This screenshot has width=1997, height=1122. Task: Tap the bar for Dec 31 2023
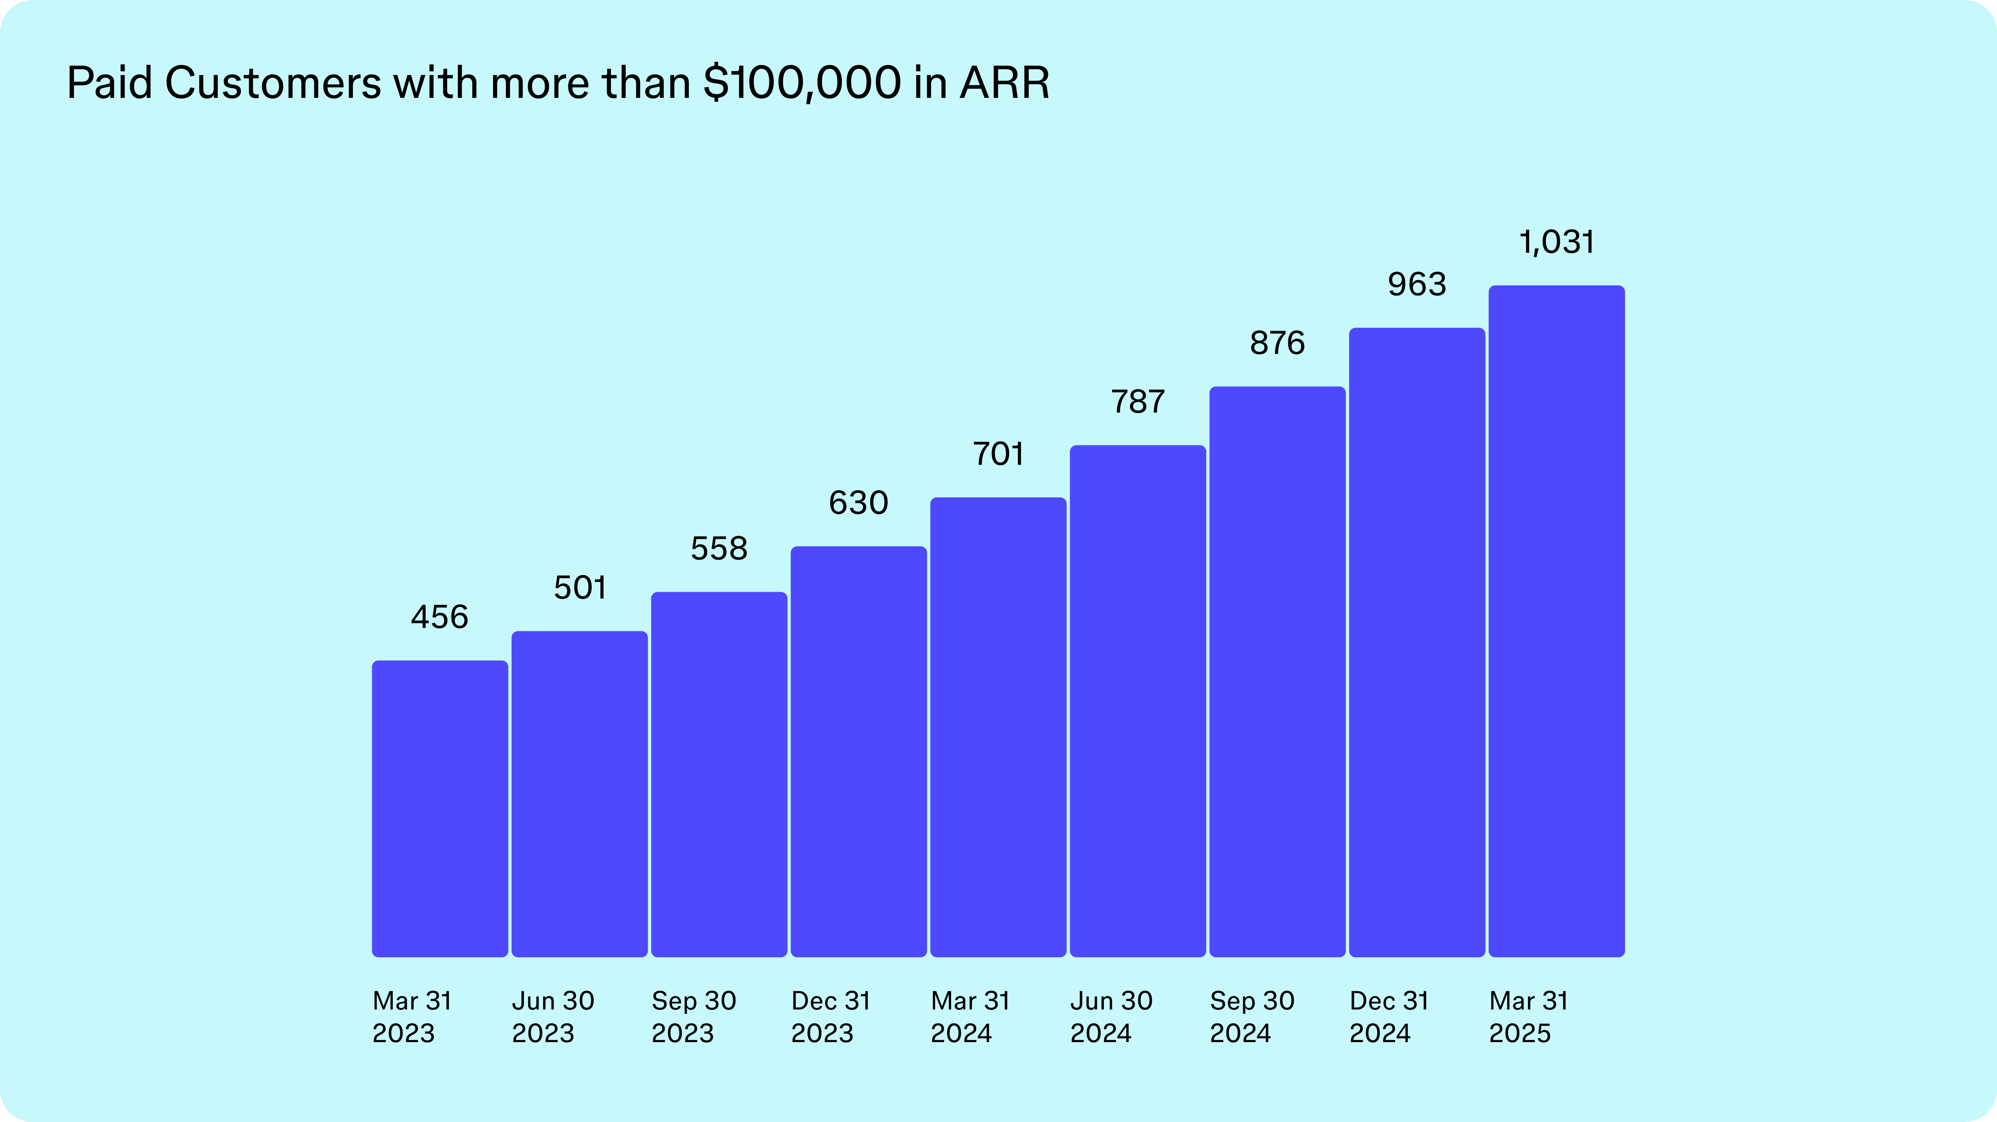coord(858,752)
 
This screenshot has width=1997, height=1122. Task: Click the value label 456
coord(440,617)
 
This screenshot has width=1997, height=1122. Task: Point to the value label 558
coord(719,549)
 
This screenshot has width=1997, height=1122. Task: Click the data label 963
coord(1416,285)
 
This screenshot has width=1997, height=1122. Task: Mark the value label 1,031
coord(1556,242)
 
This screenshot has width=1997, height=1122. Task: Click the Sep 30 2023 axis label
coord(693,1017)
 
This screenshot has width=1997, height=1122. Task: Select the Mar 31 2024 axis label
coord(970,1017)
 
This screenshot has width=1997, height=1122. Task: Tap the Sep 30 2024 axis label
coord(1251,1017)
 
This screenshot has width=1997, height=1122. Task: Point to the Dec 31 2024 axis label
coord(1389,1017)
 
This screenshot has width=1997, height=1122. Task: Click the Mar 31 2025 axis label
coord(1528,1017)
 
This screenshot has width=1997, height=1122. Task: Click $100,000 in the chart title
coord(802,83)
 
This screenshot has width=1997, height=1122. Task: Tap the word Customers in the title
coord(273,83)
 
